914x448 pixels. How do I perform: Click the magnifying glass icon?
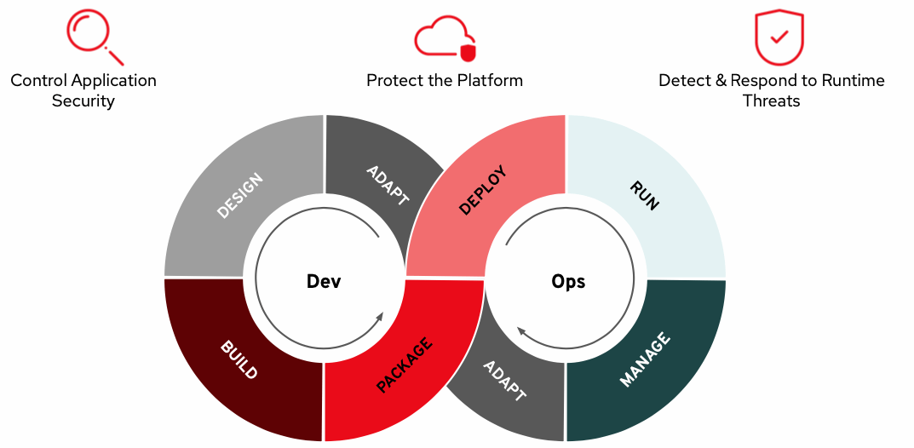[x=94, y=37]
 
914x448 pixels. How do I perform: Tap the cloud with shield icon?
[x=444, y=39]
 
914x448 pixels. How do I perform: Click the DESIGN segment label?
[x=240, y=196]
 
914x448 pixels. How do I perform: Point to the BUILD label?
[x=239, y=361]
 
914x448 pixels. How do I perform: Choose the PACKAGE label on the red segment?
[x=405, y=365]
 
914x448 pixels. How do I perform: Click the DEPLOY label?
[x=483, y=191]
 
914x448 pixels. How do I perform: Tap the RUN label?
[x=644, y=195]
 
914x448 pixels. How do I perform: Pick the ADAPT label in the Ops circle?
[x=504, y=381]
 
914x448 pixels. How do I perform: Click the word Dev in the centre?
[x=324, y=281]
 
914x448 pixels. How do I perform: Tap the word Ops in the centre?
[x=568, y=281]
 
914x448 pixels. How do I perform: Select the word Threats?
[x=771, y=101]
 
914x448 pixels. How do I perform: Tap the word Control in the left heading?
[x=39, y=81]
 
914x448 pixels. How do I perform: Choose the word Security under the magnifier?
[x=83, y=101]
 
